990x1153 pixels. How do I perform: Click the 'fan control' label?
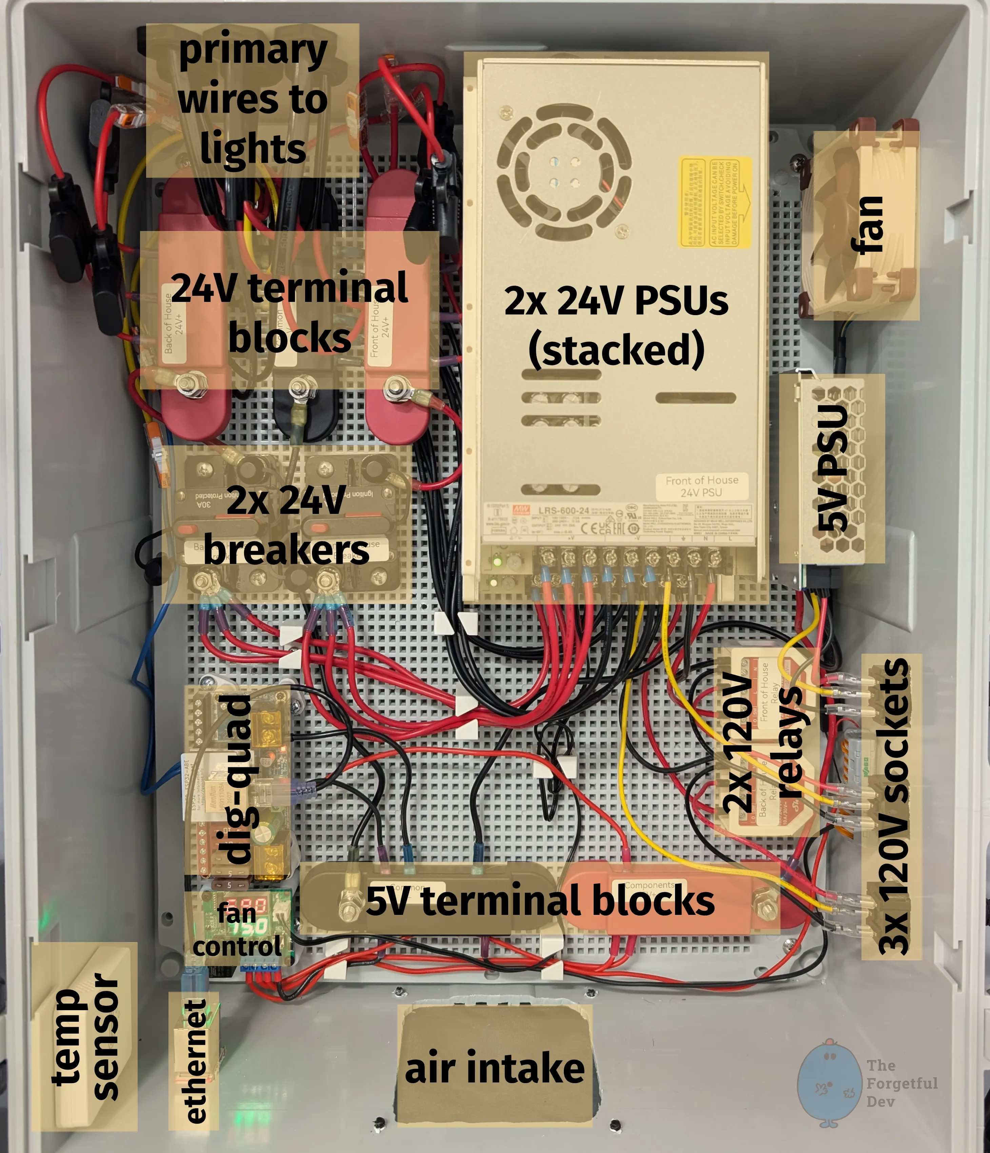pyautogui.click(x=237, y=930)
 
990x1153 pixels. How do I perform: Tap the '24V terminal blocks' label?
pyautogui.click(x=289, y=312)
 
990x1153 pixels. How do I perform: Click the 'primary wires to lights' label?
pyautogui.click(x=253, y=100)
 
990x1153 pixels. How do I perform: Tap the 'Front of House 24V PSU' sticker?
pyautogui.click(x=701, y=486)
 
